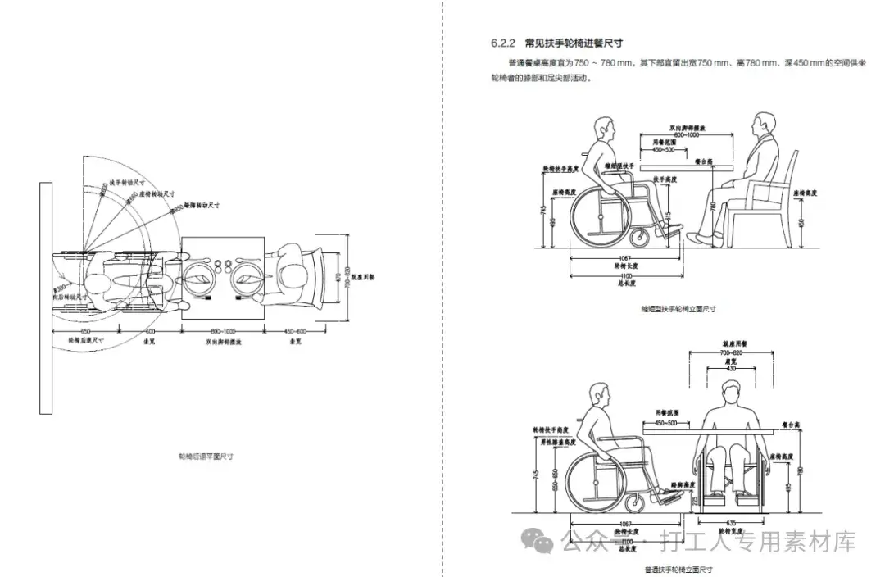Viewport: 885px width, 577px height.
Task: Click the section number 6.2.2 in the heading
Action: tap(501, 43)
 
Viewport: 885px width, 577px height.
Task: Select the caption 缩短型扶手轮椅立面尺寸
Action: tap(679, 309)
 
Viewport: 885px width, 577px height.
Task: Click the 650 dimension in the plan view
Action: tap(84, 331)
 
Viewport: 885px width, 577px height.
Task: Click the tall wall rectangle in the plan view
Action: tap(45, 298)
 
